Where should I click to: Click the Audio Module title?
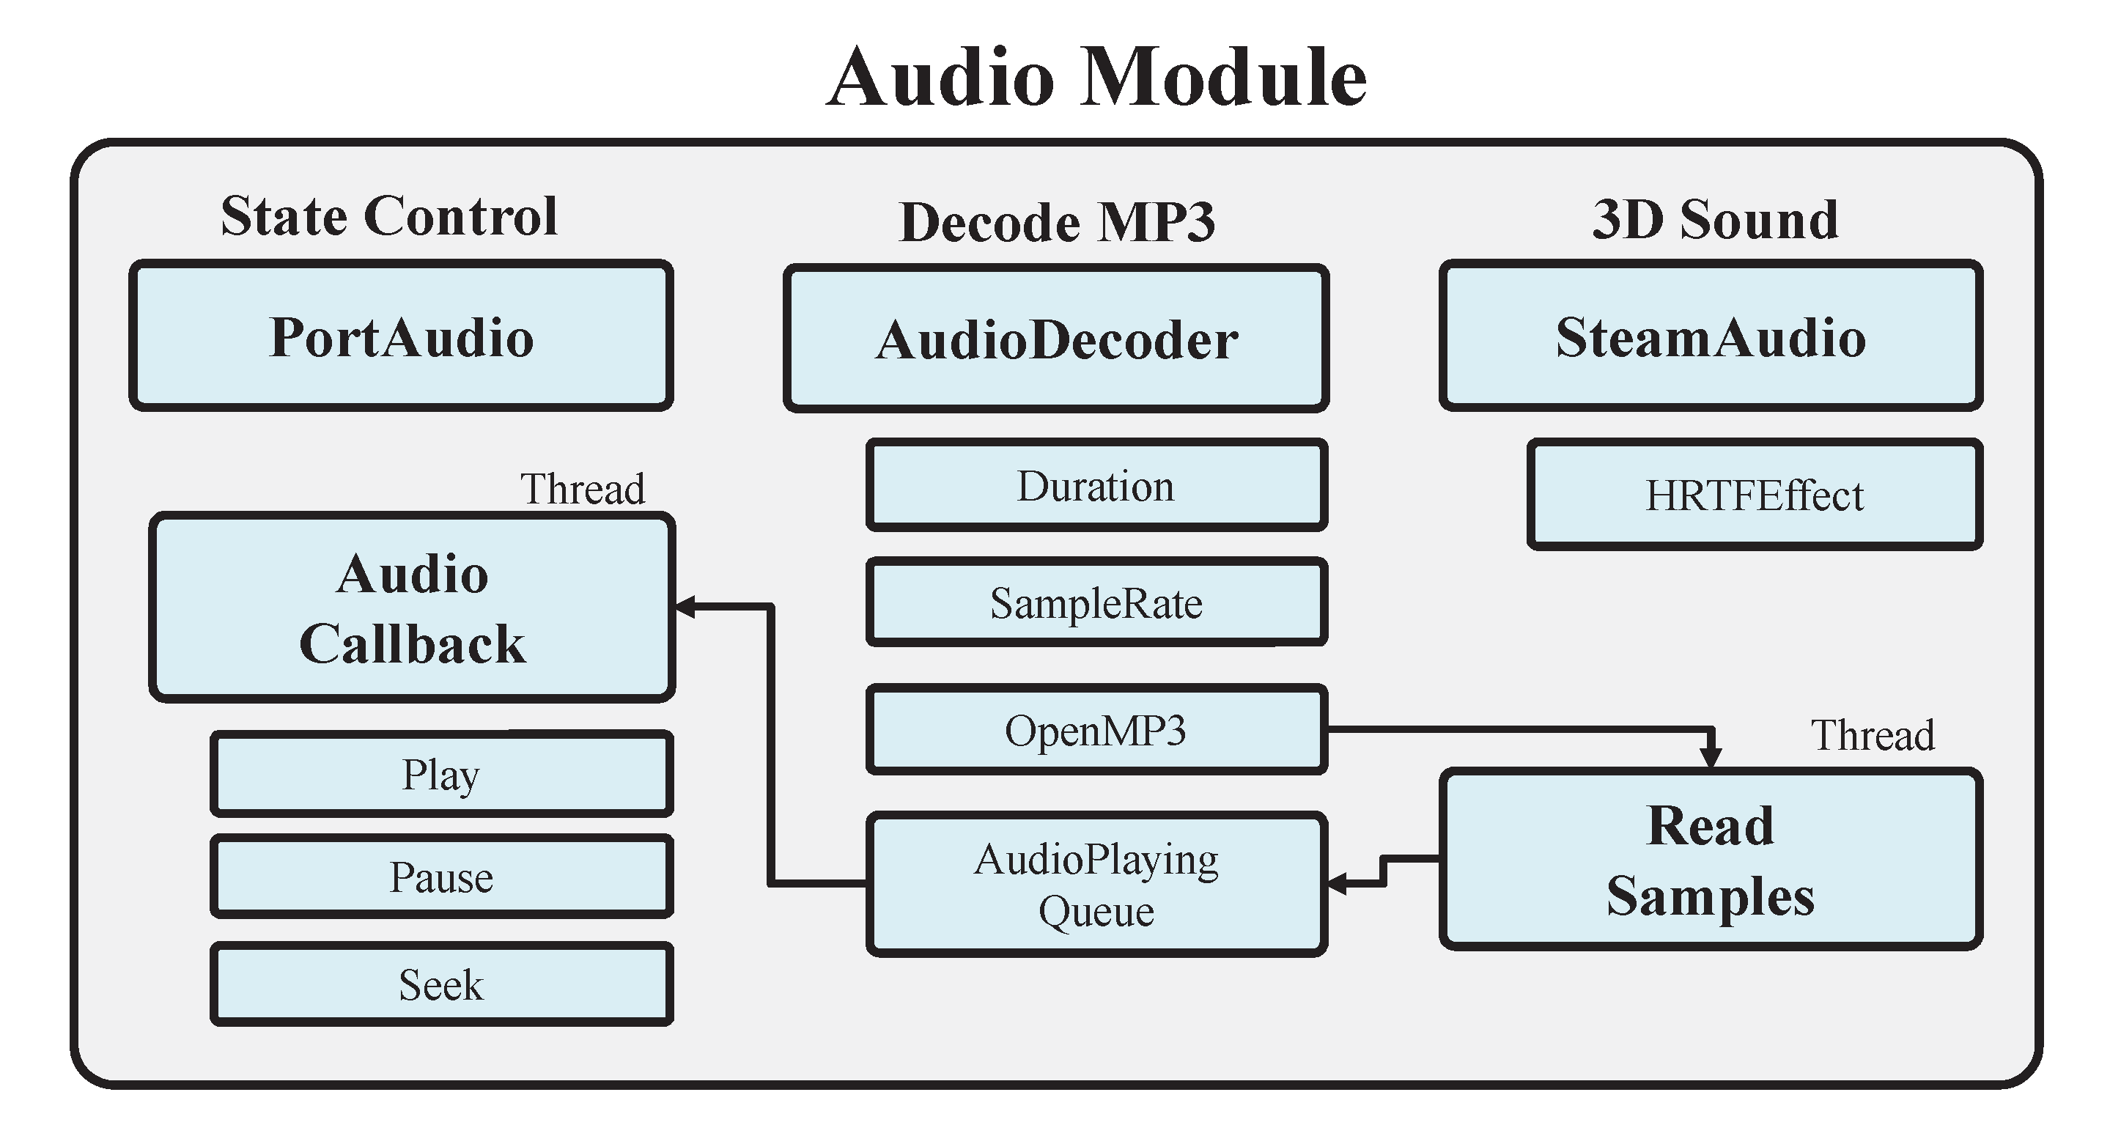coord(1096,78)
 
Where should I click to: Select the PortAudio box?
coord(401,336)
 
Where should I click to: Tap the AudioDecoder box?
coord(1056,339)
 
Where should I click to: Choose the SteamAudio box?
coord(1711,336)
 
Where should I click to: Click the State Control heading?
coord(389,216)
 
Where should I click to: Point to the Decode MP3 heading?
coord(1057,222)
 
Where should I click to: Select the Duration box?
coord(1096,486)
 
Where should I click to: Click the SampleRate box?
coord(1096,602)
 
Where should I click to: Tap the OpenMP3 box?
coord(1096,730)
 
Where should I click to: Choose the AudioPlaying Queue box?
coord(1096,885)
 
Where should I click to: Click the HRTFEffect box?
coord(1755,495)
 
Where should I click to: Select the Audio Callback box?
coord(412,608)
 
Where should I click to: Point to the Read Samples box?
coord(1711,859)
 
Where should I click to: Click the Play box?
coord(441,774)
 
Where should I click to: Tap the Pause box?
coord(441,877)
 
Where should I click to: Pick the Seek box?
coord(441,984)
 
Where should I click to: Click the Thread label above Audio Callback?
coord(583,489)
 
